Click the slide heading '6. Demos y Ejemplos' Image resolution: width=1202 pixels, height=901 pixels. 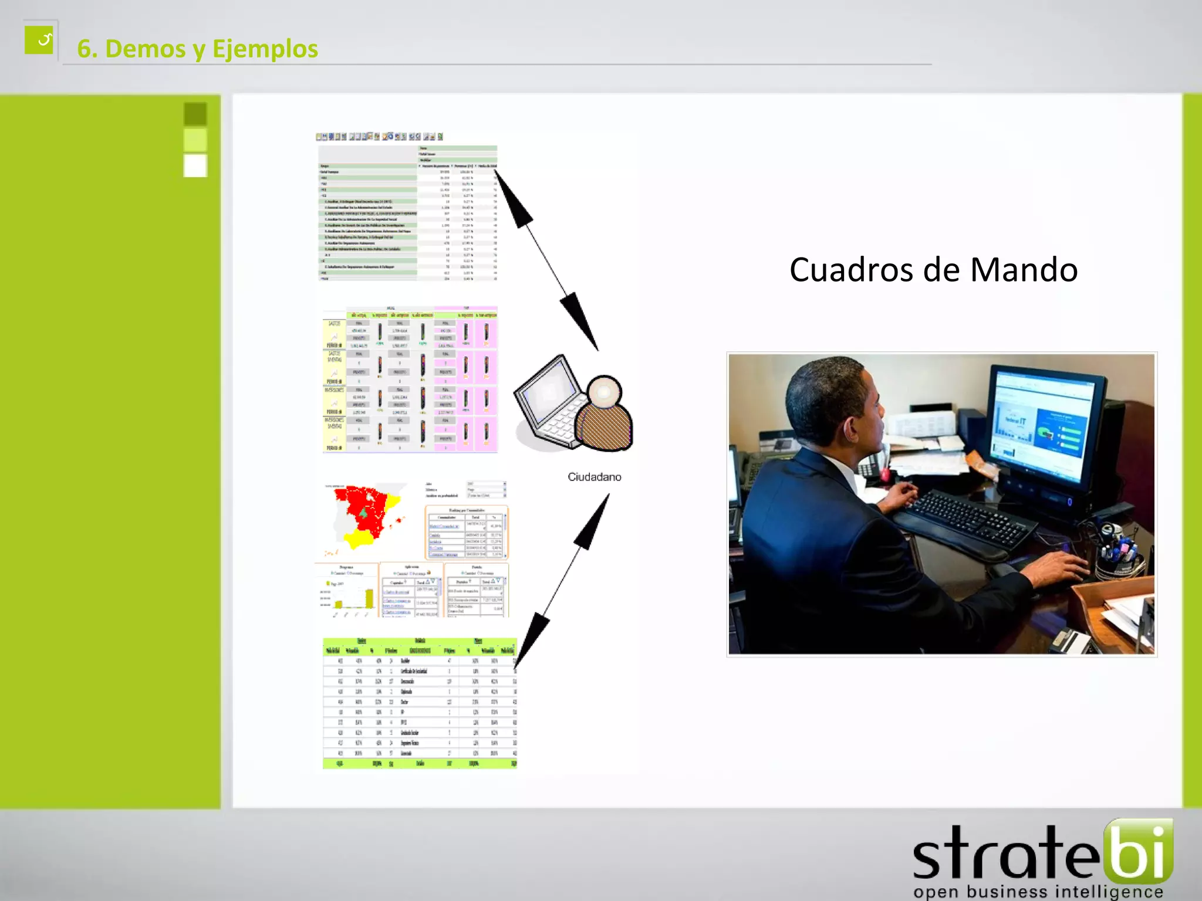(197, 49)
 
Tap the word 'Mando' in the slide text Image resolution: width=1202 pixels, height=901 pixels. (1024, 270)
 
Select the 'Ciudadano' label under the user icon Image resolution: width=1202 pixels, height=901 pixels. (594, 477)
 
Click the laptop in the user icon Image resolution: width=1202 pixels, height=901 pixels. (549, 405)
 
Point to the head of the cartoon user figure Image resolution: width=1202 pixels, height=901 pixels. (604, 391)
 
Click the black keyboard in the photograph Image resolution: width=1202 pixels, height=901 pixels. (968, 519)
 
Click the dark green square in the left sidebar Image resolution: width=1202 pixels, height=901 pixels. (195, 114)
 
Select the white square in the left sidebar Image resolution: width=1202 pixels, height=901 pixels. (195, 165)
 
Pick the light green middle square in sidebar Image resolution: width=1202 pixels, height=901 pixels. (195, 140)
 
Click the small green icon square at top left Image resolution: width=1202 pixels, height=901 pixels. (39, 40)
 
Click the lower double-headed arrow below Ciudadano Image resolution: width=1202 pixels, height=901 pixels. (562, 580)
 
